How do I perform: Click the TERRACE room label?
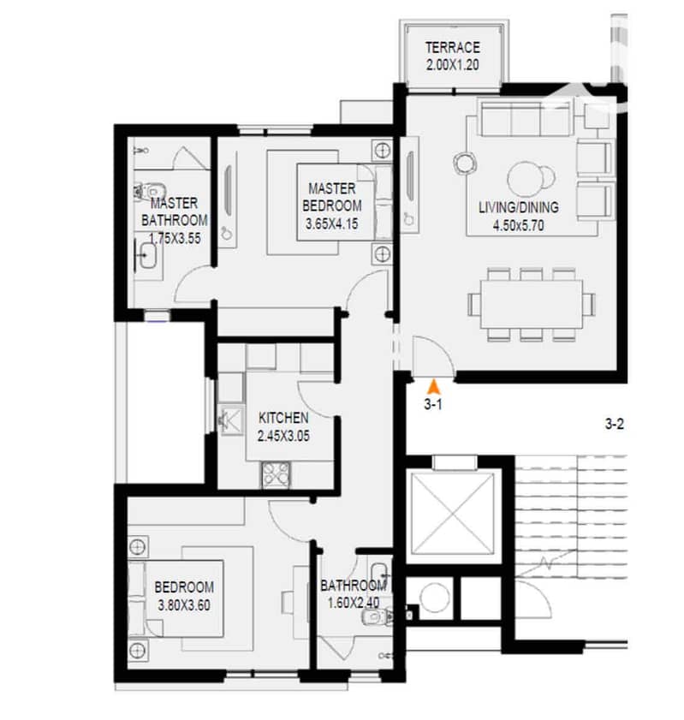pos(453,47)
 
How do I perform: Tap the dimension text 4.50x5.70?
pos(518,225)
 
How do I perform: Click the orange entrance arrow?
pos(433,387)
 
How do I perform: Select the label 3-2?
pos(614,424)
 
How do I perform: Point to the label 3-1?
pos(433,404)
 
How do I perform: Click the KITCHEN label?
pos(283,418)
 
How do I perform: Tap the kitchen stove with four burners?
pos(276,474)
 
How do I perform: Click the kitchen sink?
pos(231,420)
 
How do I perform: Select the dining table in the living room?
pos(532,305)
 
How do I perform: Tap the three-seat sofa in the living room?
pos(526,118)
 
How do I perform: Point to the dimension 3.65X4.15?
pos(332,224)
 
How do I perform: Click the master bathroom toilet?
pos(150,191)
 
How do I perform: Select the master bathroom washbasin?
pos(147,255)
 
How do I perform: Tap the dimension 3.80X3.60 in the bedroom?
pos(184,604)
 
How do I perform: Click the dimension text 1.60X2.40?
pos(354,603)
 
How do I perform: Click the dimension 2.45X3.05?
pos(283,435)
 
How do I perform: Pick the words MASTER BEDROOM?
pos(332,197)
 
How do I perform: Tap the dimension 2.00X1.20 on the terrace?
pos(453,65)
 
